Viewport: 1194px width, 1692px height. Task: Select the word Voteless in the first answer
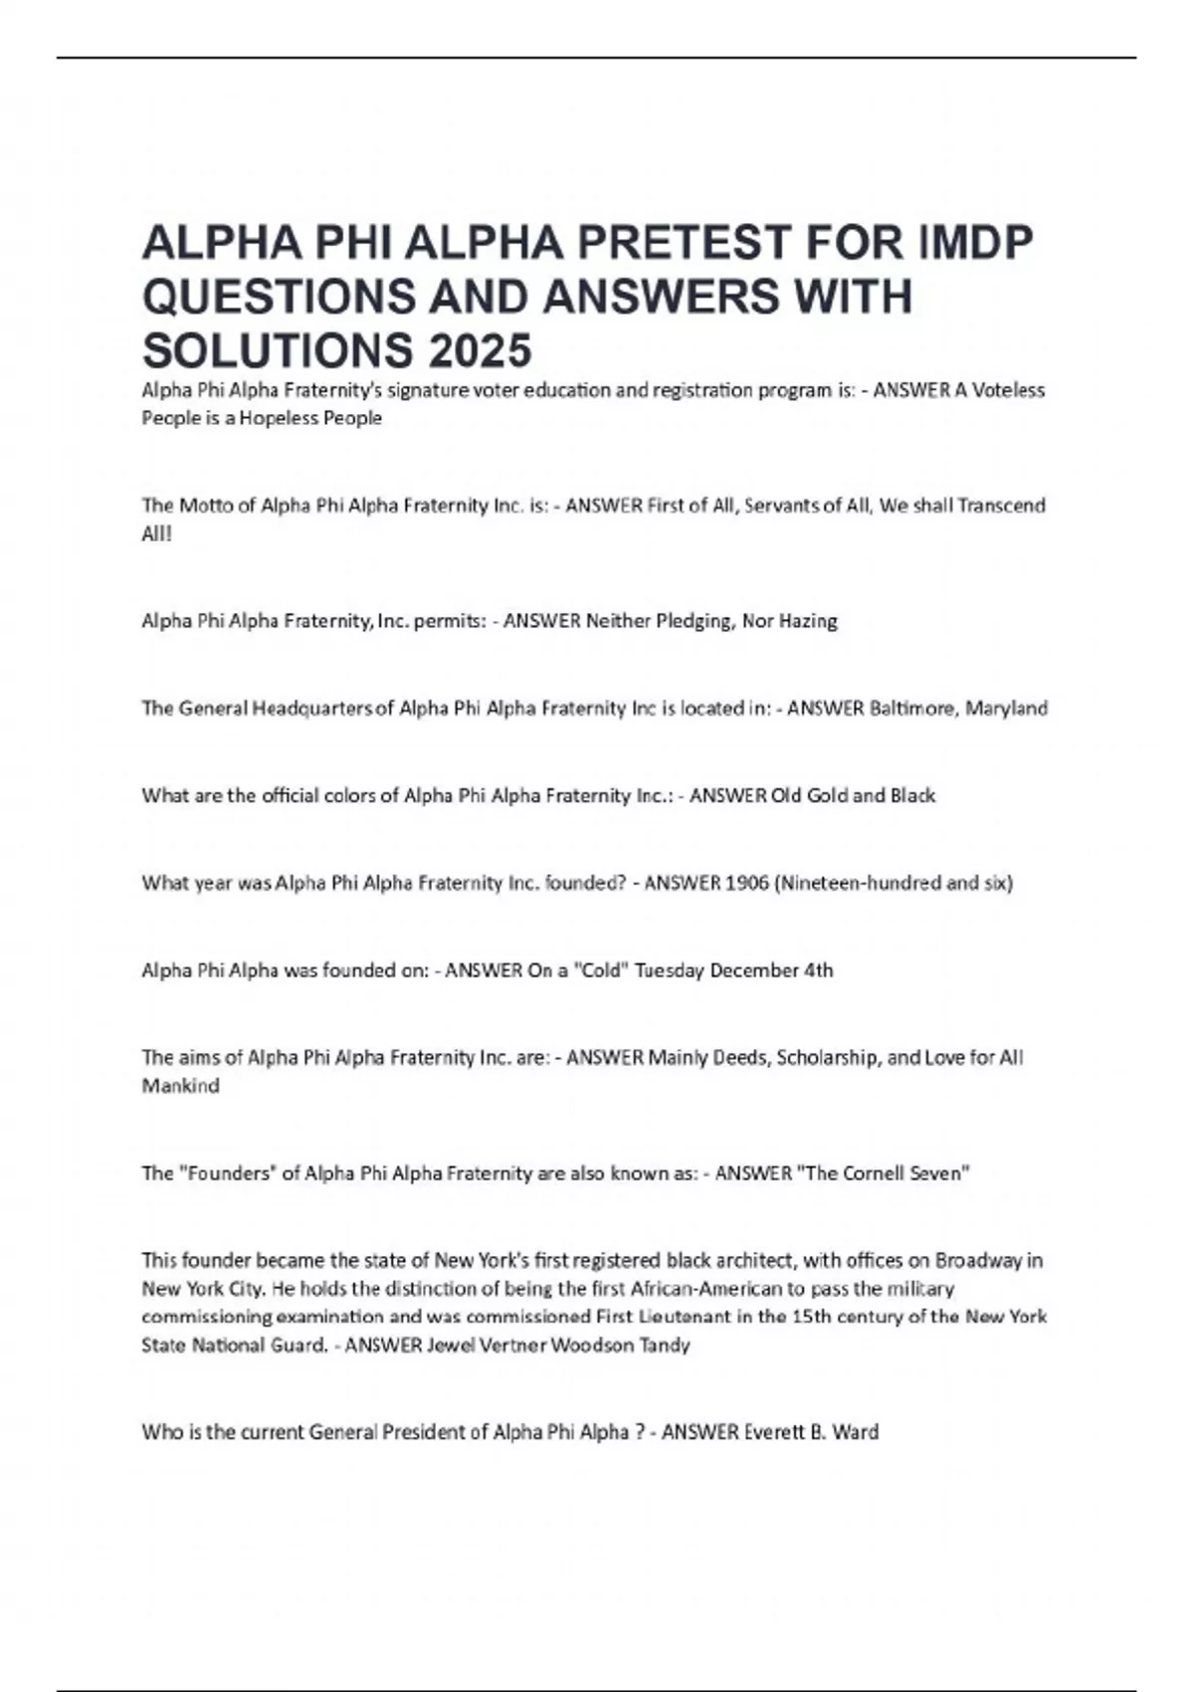point(1008,390)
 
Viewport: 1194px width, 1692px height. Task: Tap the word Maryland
point(1006,709)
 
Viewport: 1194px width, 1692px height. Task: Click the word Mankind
point(180,1086)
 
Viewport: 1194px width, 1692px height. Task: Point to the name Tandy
point(666,1346)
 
